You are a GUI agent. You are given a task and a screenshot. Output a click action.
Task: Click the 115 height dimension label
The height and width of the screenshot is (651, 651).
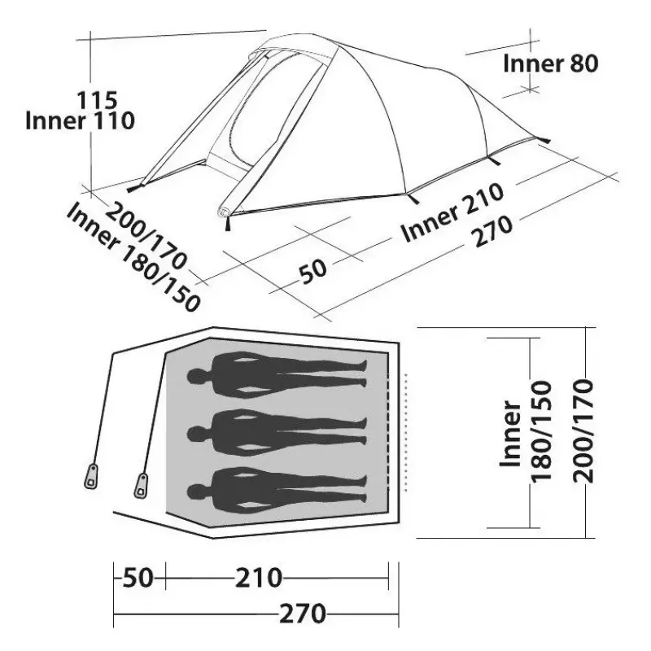[97, 100]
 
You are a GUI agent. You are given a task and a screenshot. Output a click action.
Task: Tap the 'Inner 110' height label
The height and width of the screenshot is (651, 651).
[80, 120]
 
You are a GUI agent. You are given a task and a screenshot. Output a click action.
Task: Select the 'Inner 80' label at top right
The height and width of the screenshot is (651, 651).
[551, 63]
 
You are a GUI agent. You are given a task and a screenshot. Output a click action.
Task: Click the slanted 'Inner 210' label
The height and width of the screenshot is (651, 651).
[452, 212]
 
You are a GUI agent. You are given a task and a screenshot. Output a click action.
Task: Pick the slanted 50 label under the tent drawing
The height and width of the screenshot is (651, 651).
[313, 271]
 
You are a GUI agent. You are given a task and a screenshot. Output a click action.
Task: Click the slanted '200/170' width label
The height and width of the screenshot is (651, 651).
[146, 235]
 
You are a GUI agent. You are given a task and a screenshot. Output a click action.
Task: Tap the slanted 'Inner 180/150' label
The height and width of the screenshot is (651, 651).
[133, 257]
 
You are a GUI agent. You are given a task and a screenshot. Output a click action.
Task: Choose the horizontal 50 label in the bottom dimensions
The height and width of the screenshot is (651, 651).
[138, 578]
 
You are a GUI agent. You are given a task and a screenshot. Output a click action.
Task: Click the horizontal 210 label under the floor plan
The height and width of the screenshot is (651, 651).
[259, 578]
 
